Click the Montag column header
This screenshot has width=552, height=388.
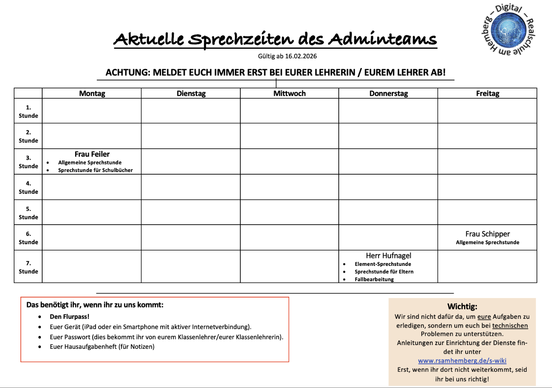[92, 93]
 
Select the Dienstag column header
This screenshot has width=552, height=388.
[191, 93]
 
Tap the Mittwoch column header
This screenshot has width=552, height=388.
[290, 93]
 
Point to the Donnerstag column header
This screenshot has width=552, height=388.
[388, 93]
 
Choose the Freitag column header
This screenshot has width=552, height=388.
[487, 93]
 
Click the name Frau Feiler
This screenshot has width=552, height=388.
[92, 154]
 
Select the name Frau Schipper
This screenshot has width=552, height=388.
[487, 234]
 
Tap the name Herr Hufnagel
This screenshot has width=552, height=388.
[388, 255]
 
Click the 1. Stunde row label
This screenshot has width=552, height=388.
[28, 111]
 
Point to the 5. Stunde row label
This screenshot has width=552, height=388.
[28, 213]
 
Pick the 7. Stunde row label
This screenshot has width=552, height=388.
[28, 267]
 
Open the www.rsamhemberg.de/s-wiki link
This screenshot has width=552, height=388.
[462, 360]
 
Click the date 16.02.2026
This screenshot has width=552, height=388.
[301, 56]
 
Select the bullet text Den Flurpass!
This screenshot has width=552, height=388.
[69, 317]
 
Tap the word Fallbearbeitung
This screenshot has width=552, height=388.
[374, 279]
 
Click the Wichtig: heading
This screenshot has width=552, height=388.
[462, 307]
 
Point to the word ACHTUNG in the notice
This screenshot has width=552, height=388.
[127, 73]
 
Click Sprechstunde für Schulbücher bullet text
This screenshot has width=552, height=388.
[95, 170]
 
